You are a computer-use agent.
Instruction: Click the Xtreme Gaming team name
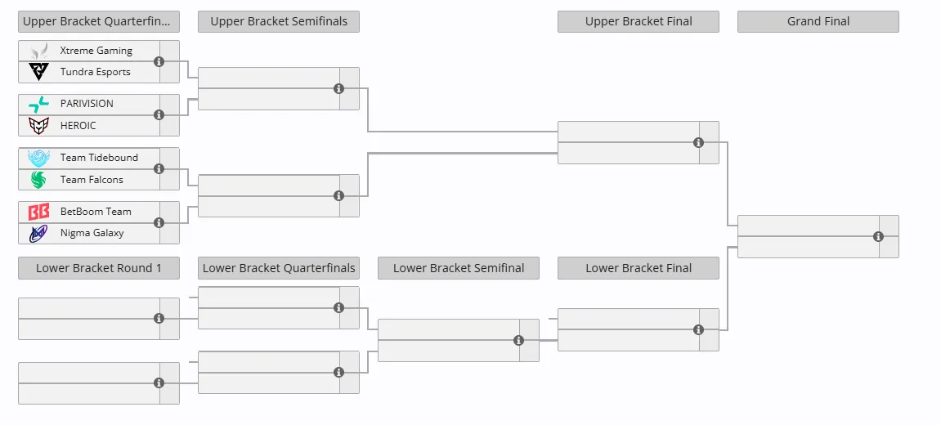pos(96,51)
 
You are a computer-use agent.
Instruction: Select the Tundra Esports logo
pos(39,72)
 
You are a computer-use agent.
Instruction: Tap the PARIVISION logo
pos(39,104)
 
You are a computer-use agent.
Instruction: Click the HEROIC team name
pos(78,126)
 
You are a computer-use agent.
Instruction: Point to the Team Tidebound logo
pos(39,158)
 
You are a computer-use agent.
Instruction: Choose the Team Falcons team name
pos(92,180)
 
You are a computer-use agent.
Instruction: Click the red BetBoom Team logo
pos(39,212)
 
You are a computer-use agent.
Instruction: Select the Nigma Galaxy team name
pos(92,233)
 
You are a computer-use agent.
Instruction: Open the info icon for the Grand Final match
pos(878,236)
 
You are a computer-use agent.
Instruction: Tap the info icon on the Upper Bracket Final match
pos(698,142)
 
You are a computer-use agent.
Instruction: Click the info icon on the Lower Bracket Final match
pos(698,329)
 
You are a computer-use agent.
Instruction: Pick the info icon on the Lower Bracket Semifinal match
pos(518,340)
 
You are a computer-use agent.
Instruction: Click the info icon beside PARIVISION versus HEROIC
pos(159,114)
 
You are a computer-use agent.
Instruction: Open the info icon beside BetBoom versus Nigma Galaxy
pos(159,222)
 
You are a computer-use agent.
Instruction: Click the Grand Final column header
pos(818,21)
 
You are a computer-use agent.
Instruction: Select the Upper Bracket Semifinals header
pos(279,21)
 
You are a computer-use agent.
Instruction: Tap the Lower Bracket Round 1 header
pos(98,268)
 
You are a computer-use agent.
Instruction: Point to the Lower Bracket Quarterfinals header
pos(279,268)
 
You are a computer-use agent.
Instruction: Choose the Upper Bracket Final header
pos(639,21)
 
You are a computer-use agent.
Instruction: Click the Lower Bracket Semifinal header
pos(459,268)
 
